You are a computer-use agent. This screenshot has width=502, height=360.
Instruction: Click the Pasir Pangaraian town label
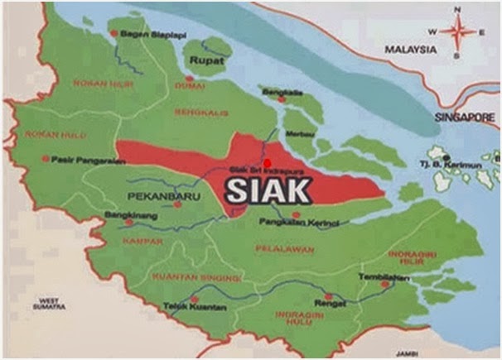(83, 160)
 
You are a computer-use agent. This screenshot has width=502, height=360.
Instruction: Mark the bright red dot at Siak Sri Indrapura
(267, 161)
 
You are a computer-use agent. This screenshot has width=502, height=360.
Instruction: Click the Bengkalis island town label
(277, 91)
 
